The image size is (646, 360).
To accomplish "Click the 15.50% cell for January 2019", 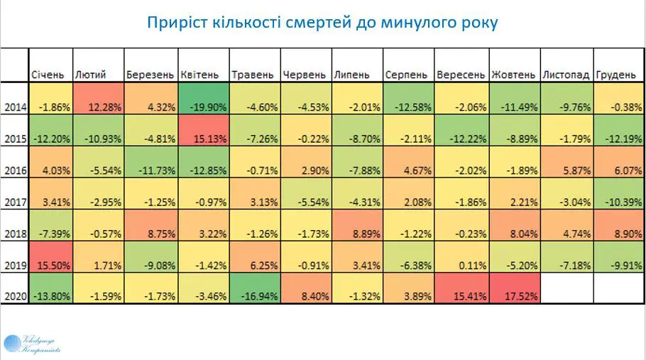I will [50, 266].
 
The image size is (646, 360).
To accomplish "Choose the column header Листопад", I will [565, 75].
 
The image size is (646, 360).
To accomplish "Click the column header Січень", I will [48, 75].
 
